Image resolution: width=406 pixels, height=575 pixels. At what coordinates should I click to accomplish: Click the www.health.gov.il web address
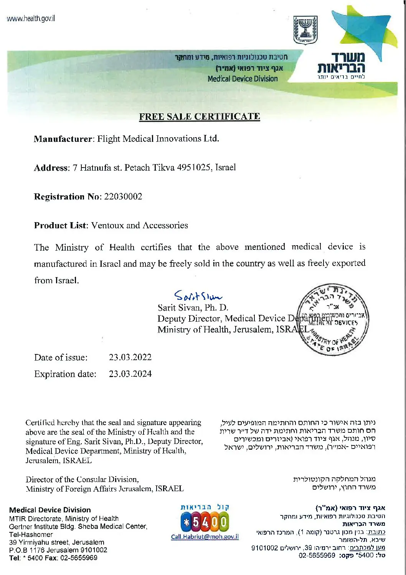pyautogui.click(x=31, y=18)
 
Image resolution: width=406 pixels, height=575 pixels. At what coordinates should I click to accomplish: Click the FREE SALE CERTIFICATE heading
pyautogui.click(x=200, y=116)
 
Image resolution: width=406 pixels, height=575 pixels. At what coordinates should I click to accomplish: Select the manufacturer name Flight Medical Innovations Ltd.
pyautogui.click(x=158, y=139)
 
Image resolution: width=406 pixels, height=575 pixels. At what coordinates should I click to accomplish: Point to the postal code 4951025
pyautogui.click(x=193, y=168)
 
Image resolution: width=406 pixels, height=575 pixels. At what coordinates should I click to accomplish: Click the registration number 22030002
pyautogui.click(x=123, y=197)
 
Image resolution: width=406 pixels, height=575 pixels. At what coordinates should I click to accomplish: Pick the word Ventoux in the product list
pyautogui.click(x=107, y=226)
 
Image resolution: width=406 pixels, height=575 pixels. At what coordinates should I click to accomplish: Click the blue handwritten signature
pyautogui.click(x=198, y=296)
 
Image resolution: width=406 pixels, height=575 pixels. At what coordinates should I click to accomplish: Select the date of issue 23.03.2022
pyautogui.click(x=130, y=357)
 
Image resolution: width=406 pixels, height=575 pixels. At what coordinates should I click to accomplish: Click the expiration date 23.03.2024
pyautogui.click(x=130, y=374)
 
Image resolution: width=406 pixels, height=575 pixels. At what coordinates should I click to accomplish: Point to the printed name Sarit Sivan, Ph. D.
pyautogui.click(x=193, y=308)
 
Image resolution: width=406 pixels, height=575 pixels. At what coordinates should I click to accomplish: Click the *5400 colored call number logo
pyautogui.click(x=205, y=523)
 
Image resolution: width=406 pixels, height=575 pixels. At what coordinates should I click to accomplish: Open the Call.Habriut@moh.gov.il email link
pyautogui.click(x=205, y=537)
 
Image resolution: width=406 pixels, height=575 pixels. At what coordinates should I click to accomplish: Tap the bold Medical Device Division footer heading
pyautogui.click(x=50, y=510)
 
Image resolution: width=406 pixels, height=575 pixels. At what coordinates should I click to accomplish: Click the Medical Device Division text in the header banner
pyautogui.click(x=243, y=79)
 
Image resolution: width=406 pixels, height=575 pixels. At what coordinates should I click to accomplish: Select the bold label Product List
pyautogui.click(x=61, y=226)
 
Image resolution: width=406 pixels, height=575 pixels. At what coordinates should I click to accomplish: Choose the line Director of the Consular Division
pyautogui.click(x=82, y=479)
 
